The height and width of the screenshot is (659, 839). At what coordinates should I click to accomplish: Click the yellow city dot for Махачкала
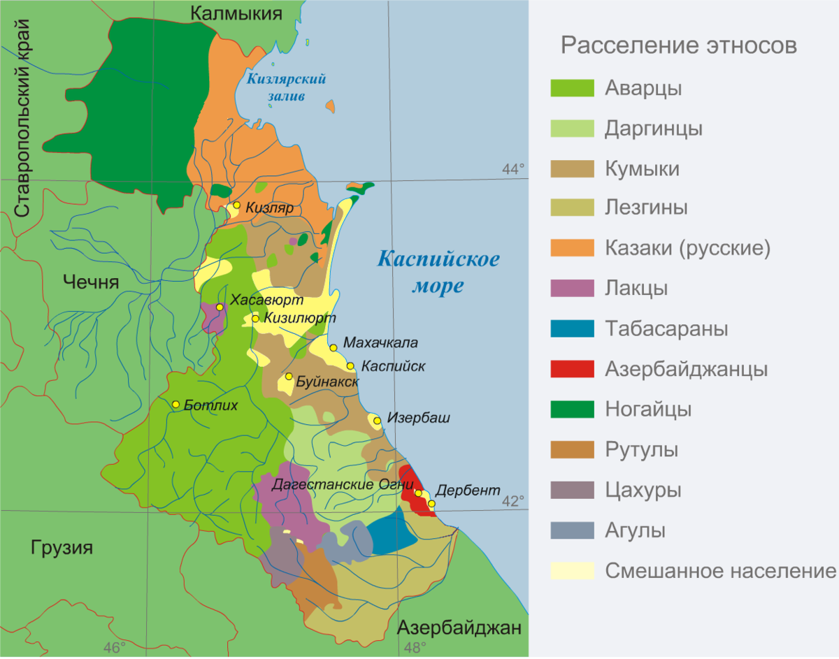pyautogui.click(x=333, y=347)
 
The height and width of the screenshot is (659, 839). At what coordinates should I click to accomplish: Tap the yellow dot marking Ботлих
pyautogui.click(x=176, y=405)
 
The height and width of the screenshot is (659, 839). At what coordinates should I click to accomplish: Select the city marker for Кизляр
pyautogui.click(x=237, y=205)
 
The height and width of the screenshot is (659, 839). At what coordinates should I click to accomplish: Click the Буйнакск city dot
pyautogui.click(x=288, y=377)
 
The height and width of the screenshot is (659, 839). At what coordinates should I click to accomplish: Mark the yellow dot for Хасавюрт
pyautogui.click(x=220, y=307)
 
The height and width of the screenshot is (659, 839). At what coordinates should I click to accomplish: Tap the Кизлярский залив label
pyautogui.click(x=286, y=87)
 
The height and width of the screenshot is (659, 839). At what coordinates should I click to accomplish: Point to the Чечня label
pyautogui.click(x=91, y=282)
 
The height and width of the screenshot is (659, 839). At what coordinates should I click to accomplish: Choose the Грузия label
pyautogui.click(x=62, y=547)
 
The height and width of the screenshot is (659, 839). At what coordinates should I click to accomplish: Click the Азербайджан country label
pyautogui.click(x=459, y=628)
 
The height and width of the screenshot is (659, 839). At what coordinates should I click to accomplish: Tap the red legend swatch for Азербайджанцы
pyautogui.click(x=572, y=369)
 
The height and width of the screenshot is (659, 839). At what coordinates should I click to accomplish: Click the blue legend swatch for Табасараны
pyautogui.click(x=572, y=328)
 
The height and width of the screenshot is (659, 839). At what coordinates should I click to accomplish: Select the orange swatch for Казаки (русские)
pyautogui.click(x=572, y=248)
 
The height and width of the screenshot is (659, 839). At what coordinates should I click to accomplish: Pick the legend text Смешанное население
pyautogui.click(x=720, y=571)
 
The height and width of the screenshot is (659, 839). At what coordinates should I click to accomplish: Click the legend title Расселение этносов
pyautogui.click(x=678, y=45)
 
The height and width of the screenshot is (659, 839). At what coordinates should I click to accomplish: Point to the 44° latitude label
pyautogui.click(x=513, y=168)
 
